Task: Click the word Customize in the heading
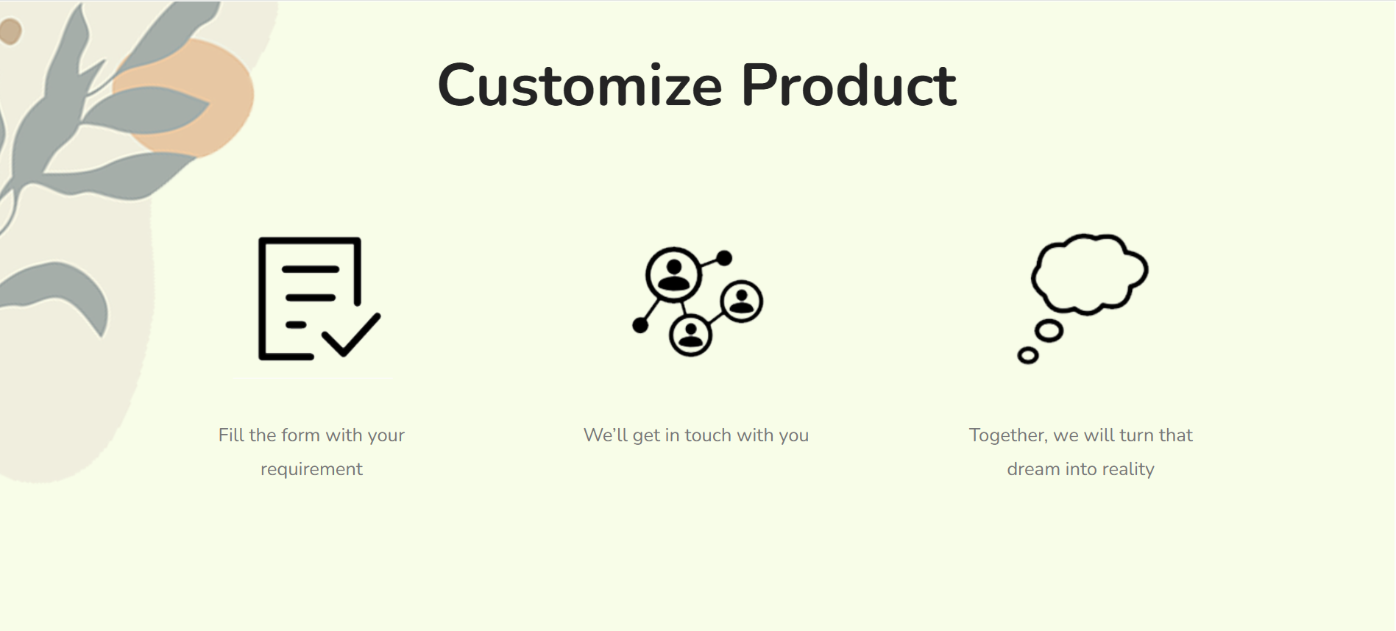(580, 85)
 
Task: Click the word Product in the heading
(848, 85)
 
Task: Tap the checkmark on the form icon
(351, 335)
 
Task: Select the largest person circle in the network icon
(673, 274)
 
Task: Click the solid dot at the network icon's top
(724, 258)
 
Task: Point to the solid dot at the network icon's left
(640, 325)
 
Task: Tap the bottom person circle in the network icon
(690, 335)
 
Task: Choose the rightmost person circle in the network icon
(742, 301)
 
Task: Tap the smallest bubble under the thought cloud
(1028, 356)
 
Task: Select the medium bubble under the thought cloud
(1049, 332)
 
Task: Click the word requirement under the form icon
(311, 469)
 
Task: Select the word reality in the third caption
(1128, 469)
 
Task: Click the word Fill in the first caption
(231, 435)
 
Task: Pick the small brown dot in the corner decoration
(10, 32)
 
